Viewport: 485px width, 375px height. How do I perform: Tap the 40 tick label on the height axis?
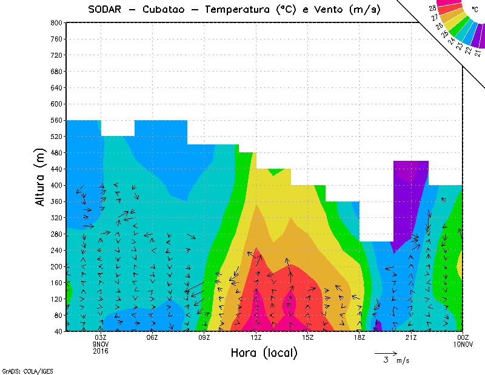click(57, 331)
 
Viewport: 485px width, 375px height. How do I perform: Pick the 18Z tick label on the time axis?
click(360, 337)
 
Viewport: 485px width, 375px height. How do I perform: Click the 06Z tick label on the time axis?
click(152, 337)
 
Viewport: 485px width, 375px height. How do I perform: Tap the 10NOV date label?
click(463, 344)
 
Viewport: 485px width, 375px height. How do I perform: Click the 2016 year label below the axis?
click(101, 351)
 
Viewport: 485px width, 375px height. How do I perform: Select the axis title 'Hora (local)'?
click(264, 353)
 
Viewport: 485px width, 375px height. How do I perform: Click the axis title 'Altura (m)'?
click(41, 177)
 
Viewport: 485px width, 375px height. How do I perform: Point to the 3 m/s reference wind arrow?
click(385, 353)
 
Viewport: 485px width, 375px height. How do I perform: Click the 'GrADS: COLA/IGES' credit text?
click(21, 370)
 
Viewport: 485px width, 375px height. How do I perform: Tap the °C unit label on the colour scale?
click(474, 9)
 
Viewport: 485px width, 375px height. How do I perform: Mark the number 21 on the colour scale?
click(475, 54)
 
